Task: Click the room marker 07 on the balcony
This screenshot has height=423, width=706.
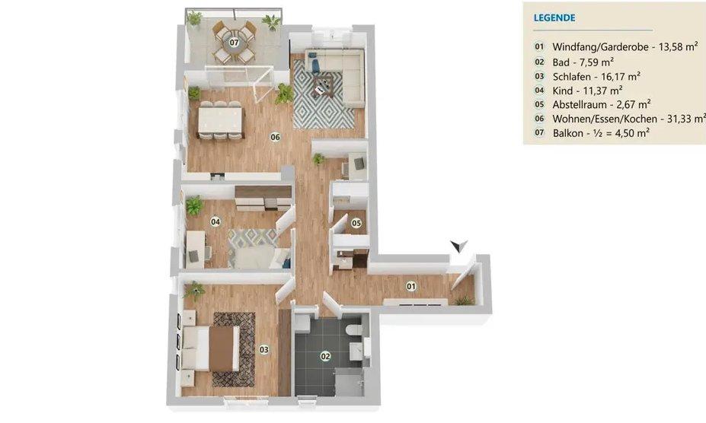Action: (x=235, y=43)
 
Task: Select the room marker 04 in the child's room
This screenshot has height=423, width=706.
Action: (x=216, y=221)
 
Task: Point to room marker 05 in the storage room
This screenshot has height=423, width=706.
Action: (x=356, y=223)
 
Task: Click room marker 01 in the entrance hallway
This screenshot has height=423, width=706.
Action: (x=411, y=287)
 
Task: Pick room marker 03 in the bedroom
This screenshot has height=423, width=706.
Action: (x=264, y=349)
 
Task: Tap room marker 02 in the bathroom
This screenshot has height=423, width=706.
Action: (x=326, y=355)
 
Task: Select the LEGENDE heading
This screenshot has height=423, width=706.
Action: (x=554, y=17)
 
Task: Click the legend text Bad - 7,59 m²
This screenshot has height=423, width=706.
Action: (x=583, y=62)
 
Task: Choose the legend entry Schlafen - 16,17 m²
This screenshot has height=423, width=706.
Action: (x=596, y=76)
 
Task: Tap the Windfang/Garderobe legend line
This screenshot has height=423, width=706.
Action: (x=625, y=47)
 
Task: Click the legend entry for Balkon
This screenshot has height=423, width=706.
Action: (x=601, y=132)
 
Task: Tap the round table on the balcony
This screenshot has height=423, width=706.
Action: (x=235, y=43)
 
